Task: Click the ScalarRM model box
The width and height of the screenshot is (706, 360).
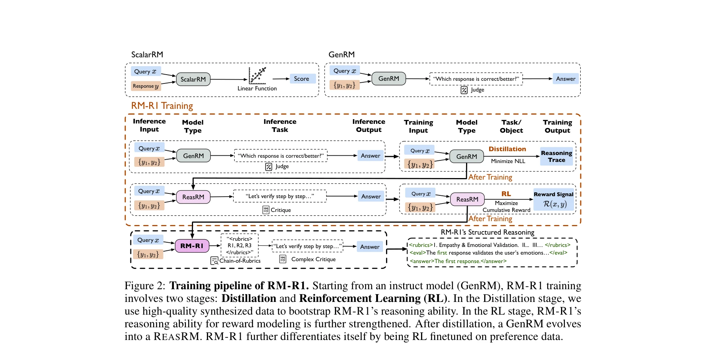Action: [x=193, y=79]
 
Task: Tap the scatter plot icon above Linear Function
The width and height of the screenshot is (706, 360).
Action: [x=257, y=76]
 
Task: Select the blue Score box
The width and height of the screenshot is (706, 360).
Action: [x=302, y=79]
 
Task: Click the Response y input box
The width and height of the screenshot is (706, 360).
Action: [x=146, y=86]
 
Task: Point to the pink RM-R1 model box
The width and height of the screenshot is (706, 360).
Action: [x=192, y=246]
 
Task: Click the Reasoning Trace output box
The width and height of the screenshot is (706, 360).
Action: [x=556, y=157]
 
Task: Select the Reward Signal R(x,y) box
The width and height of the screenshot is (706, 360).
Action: [x=554, y=200]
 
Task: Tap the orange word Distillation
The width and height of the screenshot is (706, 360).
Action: [x=507, y=149]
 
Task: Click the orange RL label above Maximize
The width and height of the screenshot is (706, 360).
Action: [x=506, y=194]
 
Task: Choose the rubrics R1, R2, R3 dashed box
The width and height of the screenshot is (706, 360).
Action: [x=240, y=245]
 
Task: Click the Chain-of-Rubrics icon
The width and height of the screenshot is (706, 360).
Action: [x=214, y=261]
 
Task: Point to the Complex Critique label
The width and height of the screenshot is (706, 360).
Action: [x=313, y=259]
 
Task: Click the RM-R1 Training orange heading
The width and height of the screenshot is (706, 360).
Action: [x=162, y=106]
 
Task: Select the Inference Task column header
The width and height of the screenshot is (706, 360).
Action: [x=280, y=126]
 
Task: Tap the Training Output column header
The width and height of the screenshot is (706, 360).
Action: [x=557, y=126]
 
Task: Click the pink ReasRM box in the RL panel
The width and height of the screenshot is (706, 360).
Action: [x=467, y=199]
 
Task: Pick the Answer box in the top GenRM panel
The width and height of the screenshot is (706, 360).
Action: [x=565, y=79]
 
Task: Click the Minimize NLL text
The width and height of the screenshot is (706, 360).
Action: [x=508, y=161]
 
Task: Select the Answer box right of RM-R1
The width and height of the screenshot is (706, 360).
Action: [x=370, y=247]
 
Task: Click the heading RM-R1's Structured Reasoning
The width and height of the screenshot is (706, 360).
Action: [x=487, y=232]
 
